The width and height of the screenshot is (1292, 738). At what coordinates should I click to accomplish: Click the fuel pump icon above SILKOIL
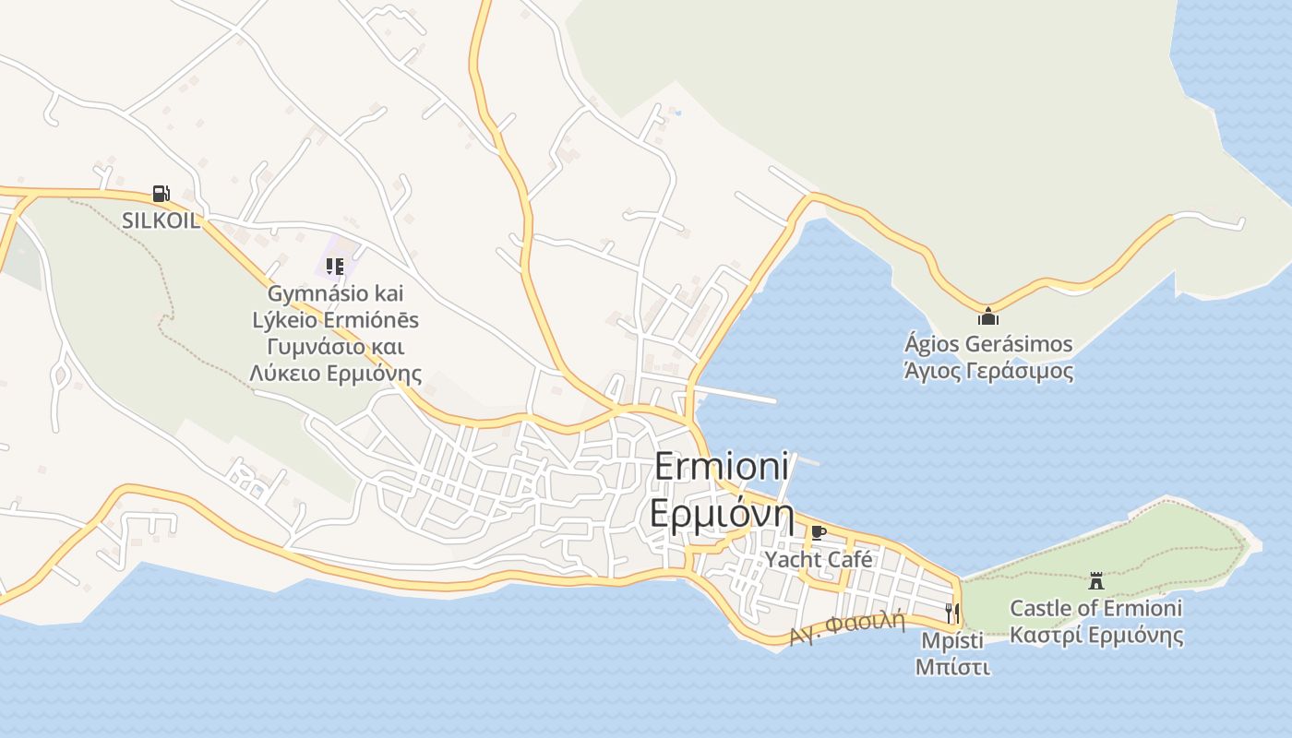(x=161, y=194)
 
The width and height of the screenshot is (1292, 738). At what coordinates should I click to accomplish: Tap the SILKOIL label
(x=161, y=220)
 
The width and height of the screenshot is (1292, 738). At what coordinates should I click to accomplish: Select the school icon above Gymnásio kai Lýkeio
(x=335, y=267)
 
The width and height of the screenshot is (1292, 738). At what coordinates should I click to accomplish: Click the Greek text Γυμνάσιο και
(x=336, y=347)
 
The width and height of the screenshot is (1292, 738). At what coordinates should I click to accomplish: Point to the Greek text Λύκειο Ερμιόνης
(x=336, y=374)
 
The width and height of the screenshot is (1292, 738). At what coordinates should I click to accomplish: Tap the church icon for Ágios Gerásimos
(x=988, y=316)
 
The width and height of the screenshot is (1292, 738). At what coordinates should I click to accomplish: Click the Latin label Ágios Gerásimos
(x=988, y=344)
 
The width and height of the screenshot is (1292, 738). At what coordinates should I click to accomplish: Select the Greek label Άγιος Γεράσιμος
(x=988, y=371)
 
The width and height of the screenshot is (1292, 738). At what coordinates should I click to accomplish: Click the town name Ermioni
(x=722, y=466)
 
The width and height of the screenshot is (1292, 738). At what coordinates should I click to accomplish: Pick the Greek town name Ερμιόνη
(x=722, y=513)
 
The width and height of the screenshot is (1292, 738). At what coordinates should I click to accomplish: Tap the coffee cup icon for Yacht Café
(x=818, y=532)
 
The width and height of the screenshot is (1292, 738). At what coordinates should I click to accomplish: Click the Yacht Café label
(x=819, y=559)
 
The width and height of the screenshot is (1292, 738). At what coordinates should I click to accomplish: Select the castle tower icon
(x=1096, y=581)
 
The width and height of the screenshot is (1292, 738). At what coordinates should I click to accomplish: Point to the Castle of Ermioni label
(x=1095, y=608)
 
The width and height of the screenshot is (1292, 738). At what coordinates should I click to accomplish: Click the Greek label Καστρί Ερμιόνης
(x=1095, y=636)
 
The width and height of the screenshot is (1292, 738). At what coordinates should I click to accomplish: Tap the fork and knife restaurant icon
(x=952, y=613)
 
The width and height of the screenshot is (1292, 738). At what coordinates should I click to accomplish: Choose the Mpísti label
(x=952, y=639)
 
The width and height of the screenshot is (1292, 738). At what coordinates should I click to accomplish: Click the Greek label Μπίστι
(x=952, y=666)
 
